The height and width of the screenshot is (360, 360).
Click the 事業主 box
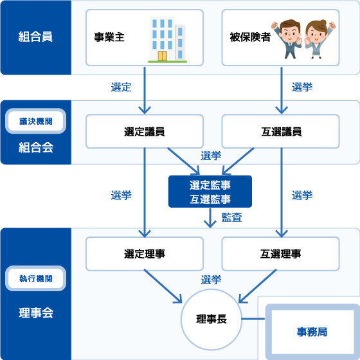[144, 37]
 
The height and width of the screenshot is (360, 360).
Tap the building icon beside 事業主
[166, 38]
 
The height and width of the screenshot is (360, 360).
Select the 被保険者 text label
[249, 37]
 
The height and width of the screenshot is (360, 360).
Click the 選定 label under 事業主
[121, 87]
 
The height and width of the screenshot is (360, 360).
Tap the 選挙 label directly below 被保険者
[302, 87]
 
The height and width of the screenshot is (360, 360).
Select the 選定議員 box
[144, 131]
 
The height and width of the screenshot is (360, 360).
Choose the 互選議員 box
[281, 131]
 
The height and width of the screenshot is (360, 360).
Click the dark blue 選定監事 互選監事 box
[210, 192]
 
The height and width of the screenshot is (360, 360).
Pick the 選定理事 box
[144, 253]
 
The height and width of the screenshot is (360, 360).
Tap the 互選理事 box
[281, 253]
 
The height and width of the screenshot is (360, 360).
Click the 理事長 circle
[210, 319]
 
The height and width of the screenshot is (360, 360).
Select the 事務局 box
[312, 332]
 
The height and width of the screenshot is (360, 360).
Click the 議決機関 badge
[35, 121]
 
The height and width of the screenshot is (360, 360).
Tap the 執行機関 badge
[35, 280]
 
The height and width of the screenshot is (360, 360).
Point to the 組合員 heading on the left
[35, 37]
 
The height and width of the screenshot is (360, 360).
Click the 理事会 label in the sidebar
[35, 314]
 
